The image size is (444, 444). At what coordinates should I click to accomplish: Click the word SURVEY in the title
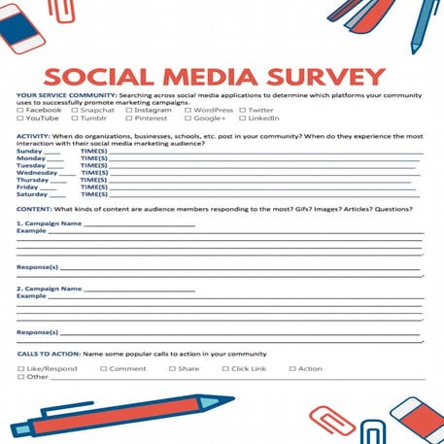[x=317, y=77]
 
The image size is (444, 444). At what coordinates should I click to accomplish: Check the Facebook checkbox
[x=20, y=111]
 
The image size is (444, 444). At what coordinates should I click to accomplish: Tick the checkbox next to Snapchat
[x=75, y=111]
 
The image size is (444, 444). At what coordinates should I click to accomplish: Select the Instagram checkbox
[x=128, y=111]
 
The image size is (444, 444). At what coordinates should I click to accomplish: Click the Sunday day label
[x=29, y=152]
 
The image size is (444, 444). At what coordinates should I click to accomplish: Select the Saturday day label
[x=32, y=194]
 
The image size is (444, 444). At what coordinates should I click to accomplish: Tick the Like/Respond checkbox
[x=20, y=369]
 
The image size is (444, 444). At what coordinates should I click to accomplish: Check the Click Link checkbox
[x=225, y=369]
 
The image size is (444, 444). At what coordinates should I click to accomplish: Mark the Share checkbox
[x=172, y=369]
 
